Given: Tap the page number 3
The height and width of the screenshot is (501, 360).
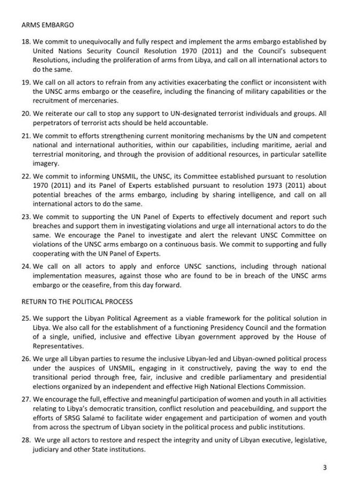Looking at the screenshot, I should click(x=324, y=468).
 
